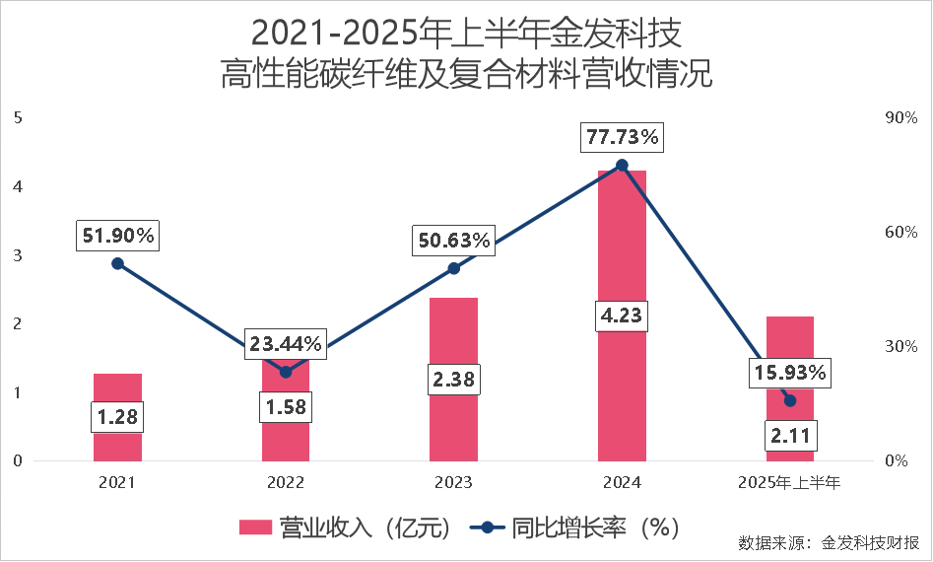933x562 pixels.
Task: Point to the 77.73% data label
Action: [622, 137]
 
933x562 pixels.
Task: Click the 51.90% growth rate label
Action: [117, 236]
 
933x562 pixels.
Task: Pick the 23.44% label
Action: [285, 344]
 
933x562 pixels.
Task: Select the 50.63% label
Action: [453, 241]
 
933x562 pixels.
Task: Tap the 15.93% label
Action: [789, 374]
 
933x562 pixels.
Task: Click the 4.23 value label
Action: [622, 316]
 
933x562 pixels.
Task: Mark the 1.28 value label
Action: [117, 416]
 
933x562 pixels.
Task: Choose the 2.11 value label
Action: [789, 435]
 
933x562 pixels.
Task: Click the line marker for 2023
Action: [453, 268]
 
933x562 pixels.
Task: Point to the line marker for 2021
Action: [117, 263]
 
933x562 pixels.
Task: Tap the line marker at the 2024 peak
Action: [622, 166]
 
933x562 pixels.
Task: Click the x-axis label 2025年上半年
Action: [789, 483]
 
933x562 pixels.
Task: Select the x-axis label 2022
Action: [285, 483]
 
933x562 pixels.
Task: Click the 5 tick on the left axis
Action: [18, 117]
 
